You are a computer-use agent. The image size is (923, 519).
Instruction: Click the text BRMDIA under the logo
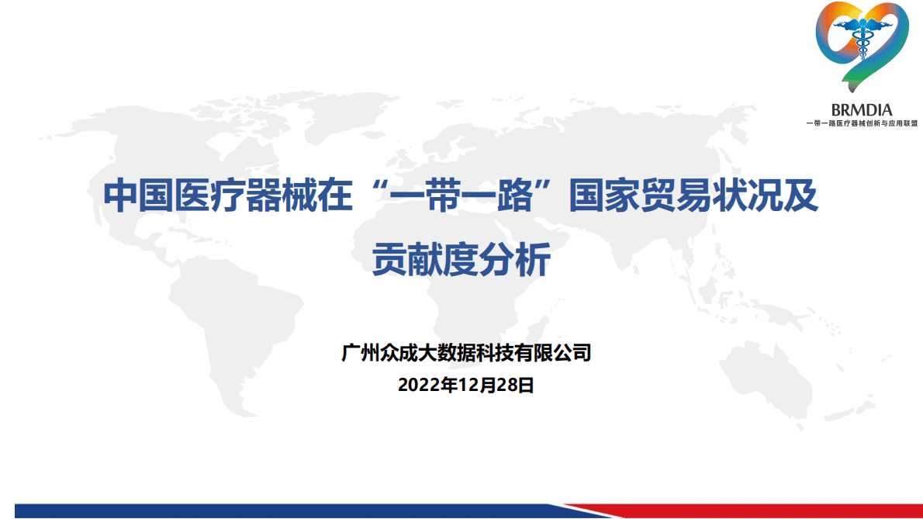point(861,110)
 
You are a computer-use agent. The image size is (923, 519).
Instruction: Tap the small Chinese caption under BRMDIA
point(862,123)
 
